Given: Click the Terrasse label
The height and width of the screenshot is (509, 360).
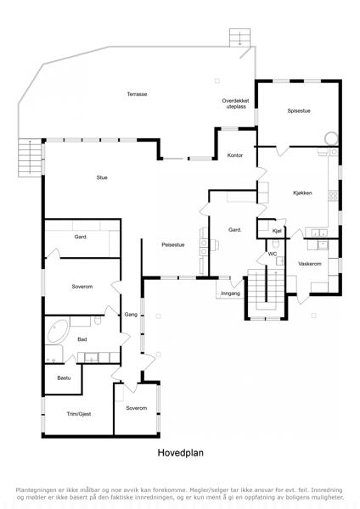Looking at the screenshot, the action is [x=137, y=94].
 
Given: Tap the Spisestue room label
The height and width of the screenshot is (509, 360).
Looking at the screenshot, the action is [x=299, y=110].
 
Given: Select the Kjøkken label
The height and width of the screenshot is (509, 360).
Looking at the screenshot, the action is [x=302, y=193].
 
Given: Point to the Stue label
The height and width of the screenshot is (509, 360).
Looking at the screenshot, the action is [x=102, y=177].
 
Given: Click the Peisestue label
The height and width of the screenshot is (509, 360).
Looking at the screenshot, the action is [x=173, y=245].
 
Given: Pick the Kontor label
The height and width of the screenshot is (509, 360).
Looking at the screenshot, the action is [x=235, y=155].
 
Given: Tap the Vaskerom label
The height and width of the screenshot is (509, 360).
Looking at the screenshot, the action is [x=310, y=264].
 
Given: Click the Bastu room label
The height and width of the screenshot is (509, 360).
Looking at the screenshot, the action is [x=64, y=378].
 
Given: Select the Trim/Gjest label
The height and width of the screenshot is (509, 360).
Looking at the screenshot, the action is [x=79, y=414].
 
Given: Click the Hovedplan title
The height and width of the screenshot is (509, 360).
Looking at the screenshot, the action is [x=181, y=452].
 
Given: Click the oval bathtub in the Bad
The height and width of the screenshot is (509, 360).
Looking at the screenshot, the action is [x=58, y=332].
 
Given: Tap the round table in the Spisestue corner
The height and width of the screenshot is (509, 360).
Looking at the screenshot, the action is [x=331, y=138].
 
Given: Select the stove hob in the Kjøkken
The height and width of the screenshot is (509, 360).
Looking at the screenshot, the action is [x=333, y=195].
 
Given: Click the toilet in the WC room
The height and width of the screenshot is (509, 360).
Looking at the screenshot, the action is [x=276, y=243].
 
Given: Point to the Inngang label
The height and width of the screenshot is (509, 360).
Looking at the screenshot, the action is [x=230, y=294].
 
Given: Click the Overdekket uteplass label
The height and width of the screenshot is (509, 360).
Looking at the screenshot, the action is [x=235, y=103].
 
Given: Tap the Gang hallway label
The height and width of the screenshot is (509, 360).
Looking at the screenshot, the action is [x=131, y=314].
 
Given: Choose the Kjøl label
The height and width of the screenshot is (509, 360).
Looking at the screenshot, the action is [x=277, y=231].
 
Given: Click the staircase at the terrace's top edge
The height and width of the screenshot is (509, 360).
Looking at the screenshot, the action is [x=240, y=37].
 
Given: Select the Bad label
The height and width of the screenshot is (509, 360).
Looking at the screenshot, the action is [x=82, y=339].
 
